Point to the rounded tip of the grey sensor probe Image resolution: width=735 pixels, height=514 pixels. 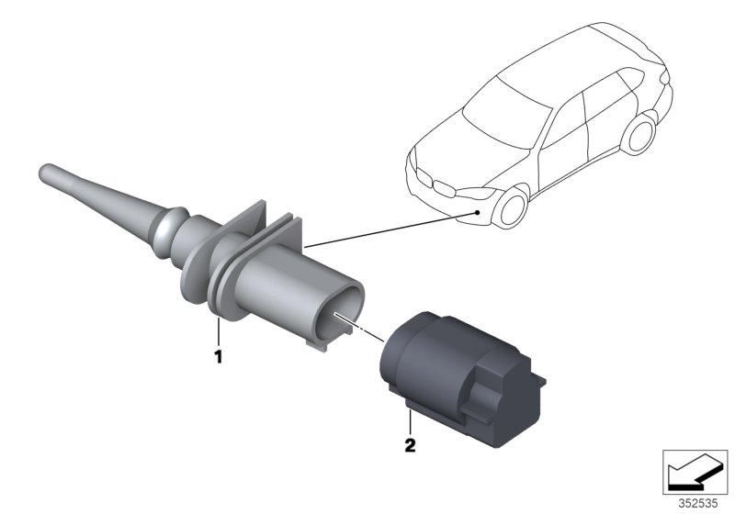click(x=44, y=172)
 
